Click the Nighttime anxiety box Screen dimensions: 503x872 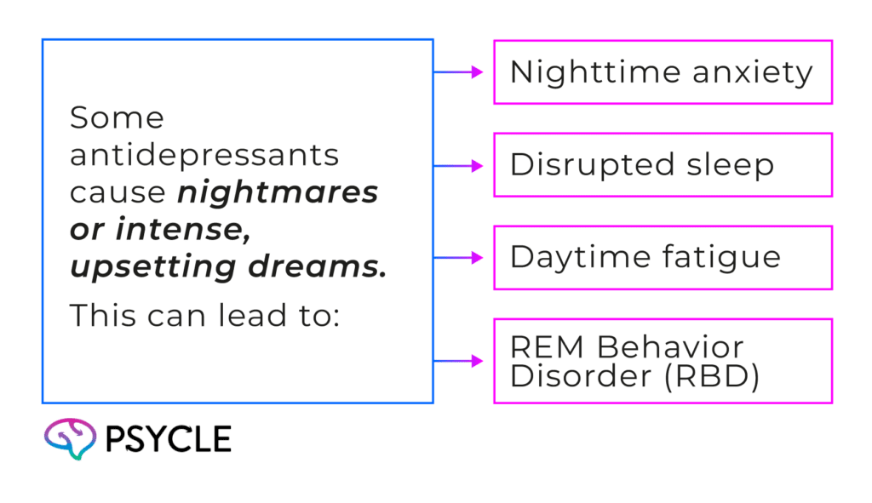pos(663,72)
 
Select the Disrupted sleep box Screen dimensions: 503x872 pos(663,165)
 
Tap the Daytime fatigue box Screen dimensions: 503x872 pos(663,258)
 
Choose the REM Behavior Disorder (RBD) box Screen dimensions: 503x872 pos(663,361)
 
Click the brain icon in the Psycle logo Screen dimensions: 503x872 pos(69,438)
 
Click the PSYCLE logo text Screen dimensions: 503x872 pos(169,439)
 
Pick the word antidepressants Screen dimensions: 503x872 pos(204,156)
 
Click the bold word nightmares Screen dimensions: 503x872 pos(278,193)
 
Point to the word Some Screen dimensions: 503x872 pos(116,118)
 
